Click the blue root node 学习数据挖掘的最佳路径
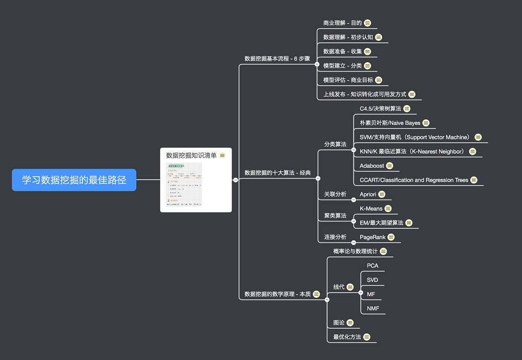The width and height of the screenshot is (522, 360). click(x=74, y=180)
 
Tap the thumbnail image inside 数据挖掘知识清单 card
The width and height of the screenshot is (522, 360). click(x=184, y=185)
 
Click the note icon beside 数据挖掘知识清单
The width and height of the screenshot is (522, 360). click(x=223, y=155)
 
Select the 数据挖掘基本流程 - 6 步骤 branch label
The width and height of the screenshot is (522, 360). click(x=277, y=59)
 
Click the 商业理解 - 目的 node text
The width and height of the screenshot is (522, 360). click(x=342, y=23)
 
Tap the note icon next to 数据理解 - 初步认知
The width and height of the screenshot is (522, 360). click(x=378, y=37)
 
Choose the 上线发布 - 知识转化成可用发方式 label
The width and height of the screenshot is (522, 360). click(x=364, y=95)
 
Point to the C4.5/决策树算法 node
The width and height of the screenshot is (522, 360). click(x=380, y=109)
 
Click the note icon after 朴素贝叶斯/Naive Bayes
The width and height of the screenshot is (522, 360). click(x=426, y=123)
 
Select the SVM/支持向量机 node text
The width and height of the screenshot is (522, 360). click(x=414, y=137)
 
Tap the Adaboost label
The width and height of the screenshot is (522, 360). click(x=372, y=166)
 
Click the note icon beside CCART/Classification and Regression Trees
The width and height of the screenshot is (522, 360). click(x=474, y=180)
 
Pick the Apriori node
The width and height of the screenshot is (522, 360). click(x=368, y=194)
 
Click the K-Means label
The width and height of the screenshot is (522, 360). click(x=371, y=208)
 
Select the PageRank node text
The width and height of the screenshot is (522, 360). click(x=373, y=237)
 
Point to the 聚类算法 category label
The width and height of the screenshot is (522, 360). click(x=335, y=215)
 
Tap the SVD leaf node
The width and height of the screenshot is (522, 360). click(x=372, y=280)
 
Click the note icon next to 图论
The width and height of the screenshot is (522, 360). click(x=350, y=323)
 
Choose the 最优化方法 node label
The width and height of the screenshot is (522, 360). click(x=347, y=337)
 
